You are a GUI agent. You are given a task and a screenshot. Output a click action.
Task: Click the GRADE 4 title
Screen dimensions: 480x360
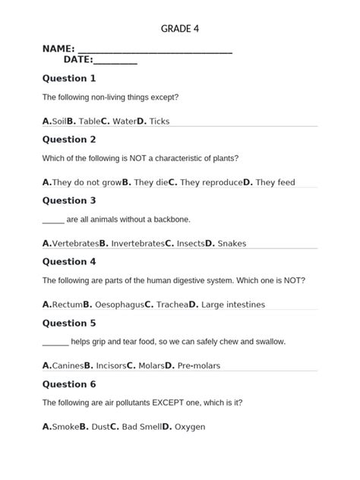tap(180, 29)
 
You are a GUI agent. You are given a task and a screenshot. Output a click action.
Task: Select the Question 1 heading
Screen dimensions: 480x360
tap(69, 78)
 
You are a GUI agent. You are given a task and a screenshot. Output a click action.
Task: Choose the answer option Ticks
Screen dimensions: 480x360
tap(159, 122)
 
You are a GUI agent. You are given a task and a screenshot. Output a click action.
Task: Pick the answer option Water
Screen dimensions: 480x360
tap(124, 122)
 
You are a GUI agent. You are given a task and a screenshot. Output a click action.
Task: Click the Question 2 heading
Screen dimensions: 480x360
tap(69, 140)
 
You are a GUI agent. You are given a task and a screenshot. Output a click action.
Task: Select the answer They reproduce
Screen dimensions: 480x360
tap(211, 182)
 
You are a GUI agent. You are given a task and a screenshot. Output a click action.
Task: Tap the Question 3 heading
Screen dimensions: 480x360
tap(69, 201)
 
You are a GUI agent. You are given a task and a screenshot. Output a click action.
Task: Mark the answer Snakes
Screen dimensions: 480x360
tap(232, 244)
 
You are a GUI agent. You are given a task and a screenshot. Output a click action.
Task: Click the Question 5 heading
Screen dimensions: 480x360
tap(69, 323)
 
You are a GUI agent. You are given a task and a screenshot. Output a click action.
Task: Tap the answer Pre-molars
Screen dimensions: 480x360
tap(199, 365)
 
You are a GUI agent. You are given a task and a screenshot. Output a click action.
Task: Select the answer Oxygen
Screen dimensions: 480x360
tap(190, 427)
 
